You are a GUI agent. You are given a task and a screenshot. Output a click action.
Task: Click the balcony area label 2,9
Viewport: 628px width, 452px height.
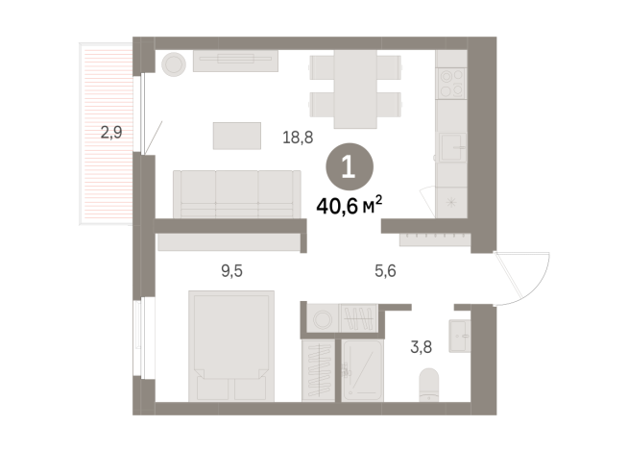[110, 133]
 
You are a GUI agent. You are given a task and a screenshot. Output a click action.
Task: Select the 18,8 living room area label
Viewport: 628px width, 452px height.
[297, 138]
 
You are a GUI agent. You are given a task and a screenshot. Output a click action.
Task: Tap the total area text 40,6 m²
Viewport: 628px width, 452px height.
[350, 203]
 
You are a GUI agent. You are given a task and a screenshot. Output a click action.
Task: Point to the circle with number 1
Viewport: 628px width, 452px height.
[348, 167]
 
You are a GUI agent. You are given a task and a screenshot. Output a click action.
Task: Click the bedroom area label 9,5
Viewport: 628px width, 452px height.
[231, 270]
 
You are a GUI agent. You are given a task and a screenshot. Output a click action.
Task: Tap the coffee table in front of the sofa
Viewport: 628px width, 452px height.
[236, 136]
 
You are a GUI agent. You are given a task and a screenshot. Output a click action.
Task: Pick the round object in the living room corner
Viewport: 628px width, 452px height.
[175, 64]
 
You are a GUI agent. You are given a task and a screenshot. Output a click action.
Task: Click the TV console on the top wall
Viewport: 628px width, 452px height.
[234, 60]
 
